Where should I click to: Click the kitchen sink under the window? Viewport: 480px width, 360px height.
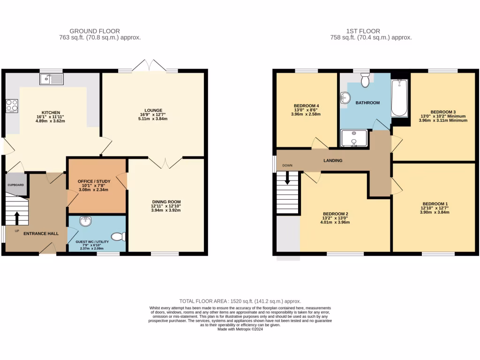pos(52,79)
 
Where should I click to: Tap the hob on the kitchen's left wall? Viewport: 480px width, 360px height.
pos(12,105)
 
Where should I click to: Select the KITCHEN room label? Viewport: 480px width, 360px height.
pos(51,112)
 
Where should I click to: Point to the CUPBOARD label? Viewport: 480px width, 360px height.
pos(15,185)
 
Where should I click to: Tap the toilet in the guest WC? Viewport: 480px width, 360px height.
pos(120,236)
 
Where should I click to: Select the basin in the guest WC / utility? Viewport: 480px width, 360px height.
pos(85,221)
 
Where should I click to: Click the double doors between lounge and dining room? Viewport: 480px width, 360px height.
pos(165,162)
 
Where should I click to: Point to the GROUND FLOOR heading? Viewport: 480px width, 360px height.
pos(94,31)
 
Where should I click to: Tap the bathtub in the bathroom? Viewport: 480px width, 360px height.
pos(399,97)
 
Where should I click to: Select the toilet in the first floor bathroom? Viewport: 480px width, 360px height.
pos(366,81)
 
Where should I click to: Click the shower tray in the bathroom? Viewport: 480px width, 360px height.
pos(354,138)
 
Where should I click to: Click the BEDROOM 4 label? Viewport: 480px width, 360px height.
pos(307,105)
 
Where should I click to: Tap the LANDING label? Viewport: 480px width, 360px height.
pos(333,160)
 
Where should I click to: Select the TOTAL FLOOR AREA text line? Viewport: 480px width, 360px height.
pos(240,301)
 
